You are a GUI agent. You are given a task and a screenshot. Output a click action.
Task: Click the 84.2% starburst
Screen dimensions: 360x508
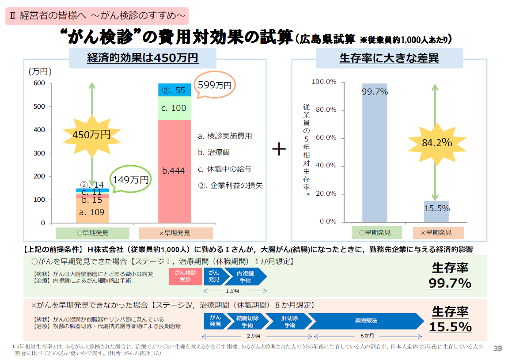(436, 143)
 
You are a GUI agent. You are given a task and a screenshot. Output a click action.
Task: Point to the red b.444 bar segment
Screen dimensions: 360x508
(174, 171)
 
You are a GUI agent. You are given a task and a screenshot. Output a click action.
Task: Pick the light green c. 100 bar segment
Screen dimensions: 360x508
(174, 108)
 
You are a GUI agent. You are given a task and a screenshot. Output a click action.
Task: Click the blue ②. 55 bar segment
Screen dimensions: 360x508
(174, 90)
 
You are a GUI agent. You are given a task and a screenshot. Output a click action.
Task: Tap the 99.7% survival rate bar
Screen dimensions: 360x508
(375, 152)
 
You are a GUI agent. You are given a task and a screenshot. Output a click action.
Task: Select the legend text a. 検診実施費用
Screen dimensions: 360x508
(225, 136)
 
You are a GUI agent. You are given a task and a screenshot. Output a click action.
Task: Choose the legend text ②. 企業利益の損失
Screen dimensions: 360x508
(230, 186)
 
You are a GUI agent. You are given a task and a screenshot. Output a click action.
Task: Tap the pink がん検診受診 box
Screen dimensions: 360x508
(185, 276)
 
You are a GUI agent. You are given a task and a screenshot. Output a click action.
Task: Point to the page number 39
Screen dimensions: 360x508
(497, 349)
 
